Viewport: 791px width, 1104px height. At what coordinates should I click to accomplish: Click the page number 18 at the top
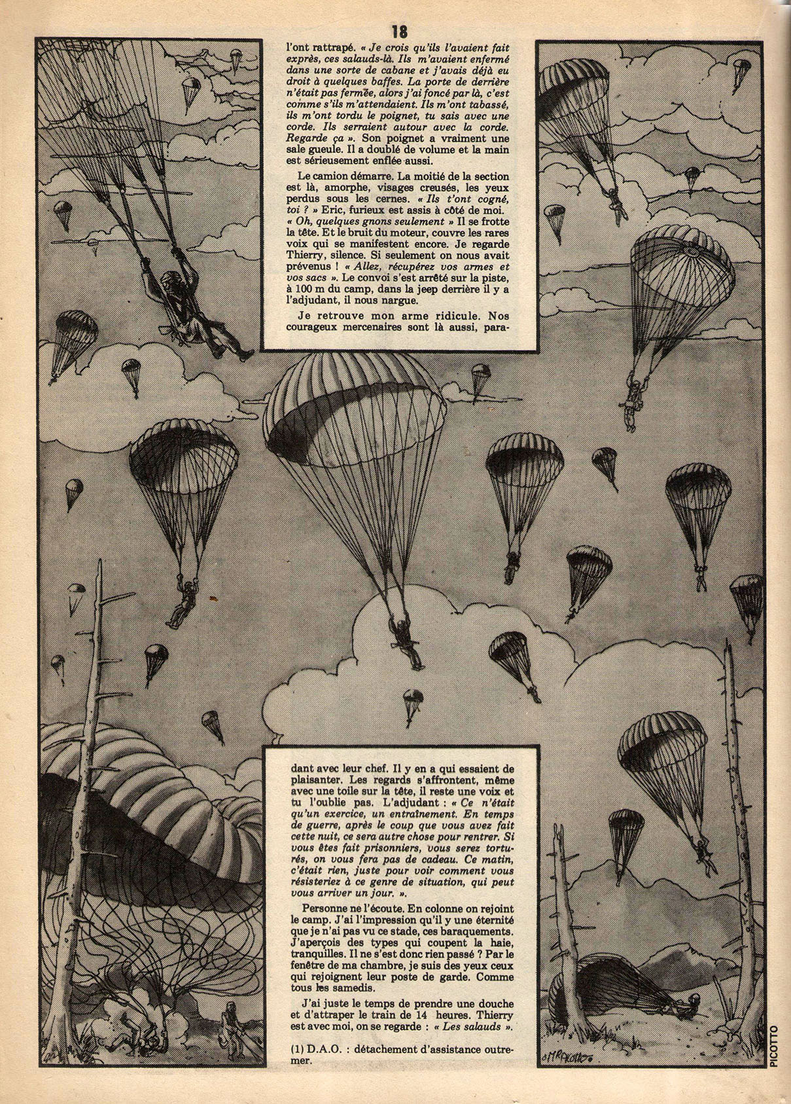coord(400,31)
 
